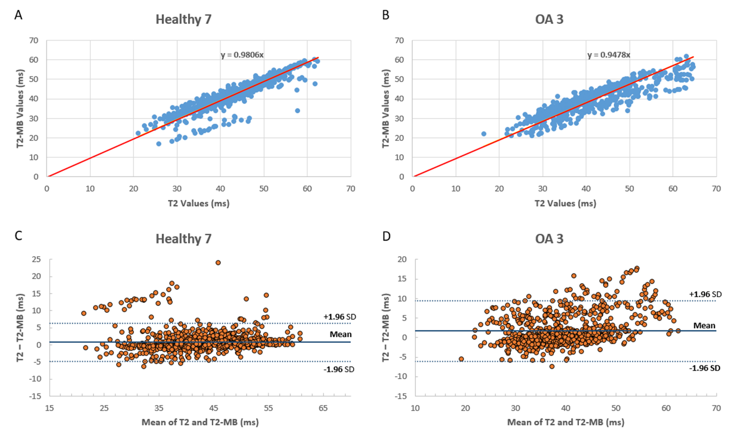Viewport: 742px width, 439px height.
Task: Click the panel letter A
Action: [18, 15]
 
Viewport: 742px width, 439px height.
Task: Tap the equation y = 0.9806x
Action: [242, 55]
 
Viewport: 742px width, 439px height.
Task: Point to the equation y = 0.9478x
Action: [609, 55]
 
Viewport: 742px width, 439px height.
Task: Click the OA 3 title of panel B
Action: [549, 20]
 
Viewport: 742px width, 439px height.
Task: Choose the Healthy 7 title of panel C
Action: [183, 239]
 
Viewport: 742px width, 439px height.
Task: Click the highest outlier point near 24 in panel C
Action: [218, 262]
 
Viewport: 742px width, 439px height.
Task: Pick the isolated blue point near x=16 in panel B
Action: [483, 134]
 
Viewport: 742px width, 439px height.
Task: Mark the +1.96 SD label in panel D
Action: [705, 295]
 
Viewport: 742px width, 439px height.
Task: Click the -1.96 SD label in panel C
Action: [340, 369]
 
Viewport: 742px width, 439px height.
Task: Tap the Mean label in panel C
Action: [341, 334]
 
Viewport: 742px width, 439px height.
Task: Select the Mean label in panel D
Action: [704, 326]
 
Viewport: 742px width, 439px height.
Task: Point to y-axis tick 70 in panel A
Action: [34, 41]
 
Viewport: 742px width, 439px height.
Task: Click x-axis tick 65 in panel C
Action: [323, 408]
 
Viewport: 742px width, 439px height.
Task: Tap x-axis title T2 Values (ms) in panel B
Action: [565, 203]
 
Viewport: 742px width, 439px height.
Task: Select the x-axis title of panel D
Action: [565, 422]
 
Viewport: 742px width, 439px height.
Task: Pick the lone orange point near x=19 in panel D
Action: [461, 359]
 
